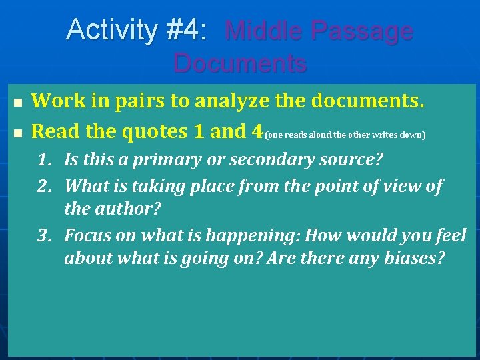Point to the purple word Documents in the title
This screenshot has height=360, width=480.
coord(240,63)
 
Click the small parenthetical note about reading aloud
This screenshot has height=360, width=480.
coord(345,135)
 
